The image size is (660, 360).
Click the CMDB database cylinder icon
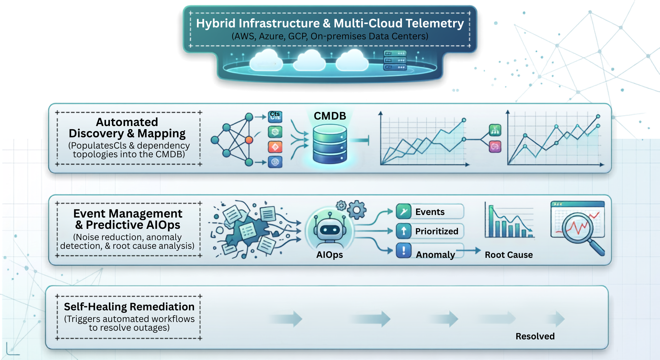pyautogui.click(x=330, y=144)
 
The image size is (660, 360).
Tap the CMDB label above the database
pyautogui.click(x=330, y=116)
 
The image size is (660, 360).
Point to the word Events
pyautogui.click(x=430, y=212)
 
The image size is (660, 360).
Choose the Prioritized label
pyautogui.click(x=437, y=231)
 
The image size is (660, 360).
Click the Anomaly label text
pyautogui.click(x=435, y=255)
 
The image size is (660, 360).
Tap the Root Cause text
pyautogui.click(x=509, y=255)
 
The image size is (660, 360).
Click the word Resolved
pyautogui.click(x=535, y=336)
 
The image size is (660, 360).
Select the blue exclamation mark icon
pyautogui.click(x=403, y=250)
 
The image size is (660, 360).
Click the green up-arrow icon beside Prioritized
pyautogui.click(x=403, y=231)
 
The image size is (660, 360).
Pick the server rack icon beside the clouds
pyautogui.click(x=395, y=60)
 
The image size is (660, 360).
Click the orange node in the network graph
pyautogui.click(x=249, y=140)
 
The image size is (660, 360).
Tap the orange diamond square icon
pyautogui.click(x=275, y=147)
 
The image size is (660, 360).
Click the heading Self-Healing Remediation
pyautogui.click(x=129, y=307)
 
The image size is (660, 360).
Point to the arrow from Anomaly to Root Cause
pyautogui.click(x=468, y=250)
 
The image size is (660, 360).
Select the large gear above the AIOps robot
pyautogui.click(x=356, y=210)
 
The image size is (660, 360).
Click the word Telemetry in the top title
pyautogui.click(x=434, y=24)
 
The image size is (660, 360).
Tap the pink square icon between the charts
pyautogui.click(x=495, y=147)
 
